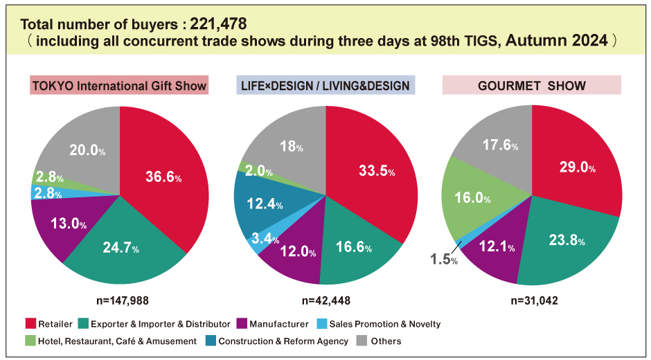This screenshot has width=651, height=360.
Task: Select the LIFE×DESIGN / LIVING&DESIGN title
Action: (325, 86)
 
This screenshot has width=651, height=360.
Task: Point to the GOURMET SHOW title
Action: (532, 86)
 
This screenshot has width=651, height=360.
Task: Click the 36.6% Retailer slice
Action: (163, 178)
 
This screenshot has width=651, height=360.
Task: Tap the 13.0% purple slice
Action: (68, 224)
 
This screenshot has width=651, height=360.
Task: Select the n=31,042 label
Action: (532, 300)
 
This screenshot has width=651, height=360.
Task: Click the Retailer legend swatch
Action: (30, 324)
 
